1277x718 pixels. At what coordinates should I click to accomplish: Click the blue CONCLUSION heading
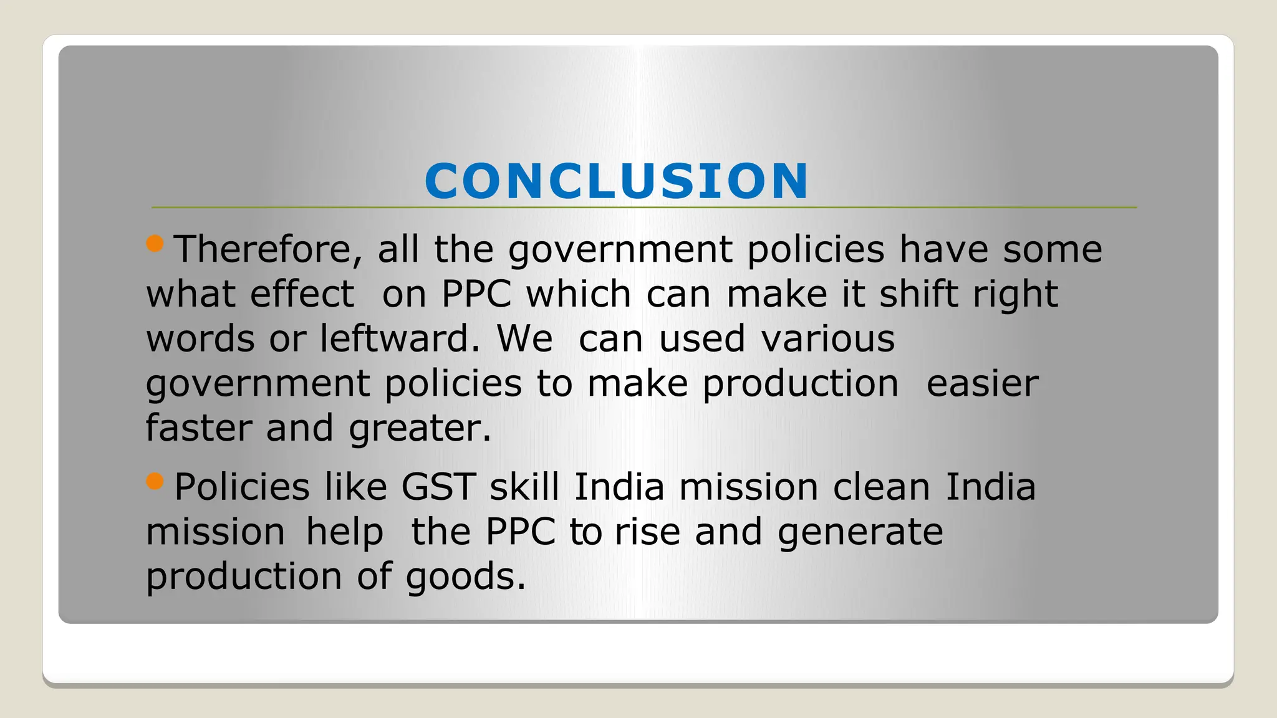pyautogui.click(x=616, y=181)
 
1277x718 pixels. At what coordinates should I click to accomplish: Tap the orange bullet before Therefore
pyautogui.click(x=155, y=243)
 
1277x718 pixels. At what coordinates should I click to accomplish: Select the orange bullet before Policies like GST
pyautogui.click(x=155, y=481)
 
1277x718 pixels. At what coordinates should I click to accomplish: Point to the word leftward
pyautogui.click(x=400, y=338)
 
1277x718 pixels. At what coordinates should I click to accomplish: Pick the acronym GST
pyautogui.click(x=438, y=487)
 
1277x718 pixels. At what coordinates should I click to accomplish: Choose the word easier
pyautogui.click(x=982, y=383)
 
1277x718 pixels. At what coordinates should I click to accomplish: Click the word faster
pyautogui.click(x=198, y=428)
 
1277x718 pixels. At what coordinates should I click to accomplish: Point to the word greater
pyautogui.click(x=420, y=429)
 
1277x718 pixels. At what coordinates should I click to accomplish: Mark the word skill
pyautogui.click(x=524, y=487)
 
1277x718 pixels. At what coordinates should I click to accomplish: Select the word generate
pyautogui.click(x=860, y=533)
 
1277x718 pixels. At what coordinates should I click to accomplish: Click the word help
pyautogui.click(x=344, y=533)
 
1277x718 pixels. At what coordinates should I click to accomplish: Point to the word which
pyautogui.click(x=579, y=294)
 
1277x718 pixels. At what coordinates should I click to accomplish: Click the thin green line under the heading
pyautogui.click(x=935, y=207)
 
